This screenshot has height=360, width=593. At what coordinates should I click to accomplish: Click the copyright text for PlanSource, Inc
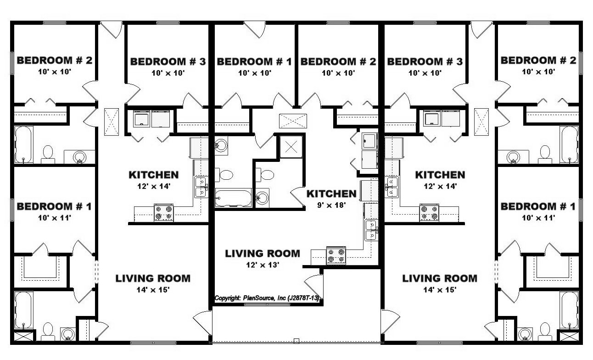pos(267,298)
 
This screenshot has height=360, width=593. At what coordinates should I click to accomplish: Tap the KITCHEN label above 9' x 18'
pos(331,194)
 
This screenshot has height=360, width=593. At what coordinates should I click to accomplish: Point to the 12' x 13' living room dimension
pos(263,265)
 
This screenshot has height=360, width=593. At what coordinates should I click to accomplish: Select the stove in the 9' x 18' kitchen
pos(336,255)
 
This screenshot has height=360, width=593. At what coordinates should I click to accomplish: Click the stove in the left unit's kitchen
pos(163,213)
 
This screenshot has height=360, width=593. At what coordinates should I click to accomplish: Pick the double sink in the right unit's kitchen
pos(392,187)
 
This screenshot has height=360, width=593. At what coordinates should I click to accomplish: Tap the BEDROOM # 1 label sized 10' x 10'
pos(254,61)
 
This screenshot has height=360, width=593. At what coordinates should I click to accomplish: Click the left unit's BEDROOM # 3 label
pos(168,61)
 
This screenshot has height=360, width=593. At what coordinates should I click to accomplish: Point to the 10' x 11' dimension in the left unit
pos(55,218)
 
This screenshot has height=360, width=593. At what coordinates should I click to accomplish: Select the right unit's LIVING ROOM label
pos(440,278)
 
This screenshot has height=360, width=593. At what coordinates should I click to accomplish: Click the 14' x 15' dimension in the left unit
pos(153,290)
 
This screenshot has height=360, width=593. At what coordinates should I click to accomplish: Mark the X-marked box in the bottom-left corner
pos(24,336)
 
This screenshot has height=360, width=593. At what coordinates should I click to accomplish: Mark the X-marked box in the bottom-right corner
pos(569,336)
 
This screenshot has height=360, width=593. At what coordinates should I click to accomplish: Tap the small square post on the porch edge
pos(296,341)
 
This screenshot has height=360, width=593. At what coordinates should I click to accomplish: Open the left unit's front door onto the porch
pos(203,323)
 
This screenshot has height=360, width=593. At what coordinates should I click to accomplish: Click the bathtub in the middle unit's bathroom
pos(233,197)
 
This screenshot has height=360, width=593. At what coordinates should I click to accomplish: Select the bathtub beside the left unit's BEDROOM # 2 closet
pos(23,144)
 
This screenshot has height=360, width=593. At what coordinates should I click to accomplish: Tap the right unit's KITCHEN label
pos(440,175)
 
